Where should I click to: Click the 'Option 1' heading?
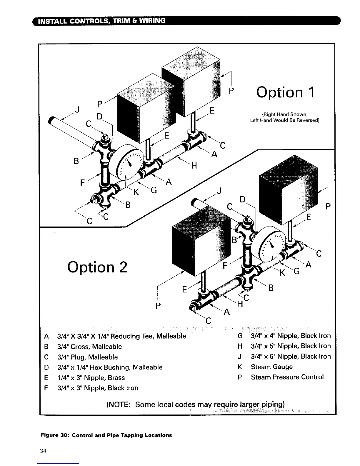pyautogui.click(x=285, y=92)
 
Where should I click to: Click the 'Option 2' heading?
pyautogui.click(x=97, y=267)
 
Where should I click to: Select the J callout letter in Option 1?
pyautogui.click(x=77, y=110)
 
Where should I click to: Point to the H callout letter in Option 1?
pyautogui.click(x=194, y=166)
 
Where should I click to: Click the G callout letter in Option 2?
pyautogui.click(x=297, y=271)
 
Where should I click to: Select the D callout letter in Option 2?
pyautogui.click(x=242, y=199)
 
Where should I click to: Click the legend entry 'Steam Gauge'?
pyautogui.click(x=272, y=367)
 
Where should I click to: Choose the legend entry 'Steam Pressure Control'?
pyautogui.click(x=287, y=377)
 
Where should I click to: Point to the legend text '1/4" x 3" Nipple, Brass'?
pyautogui.click(x=91, y=378)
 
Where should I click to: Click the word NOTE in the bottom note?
pyautogui.click(x=119, y=405)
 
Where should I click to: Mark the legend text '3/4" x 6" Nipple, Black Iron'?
pyautogui.click(x=291, y=357)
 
